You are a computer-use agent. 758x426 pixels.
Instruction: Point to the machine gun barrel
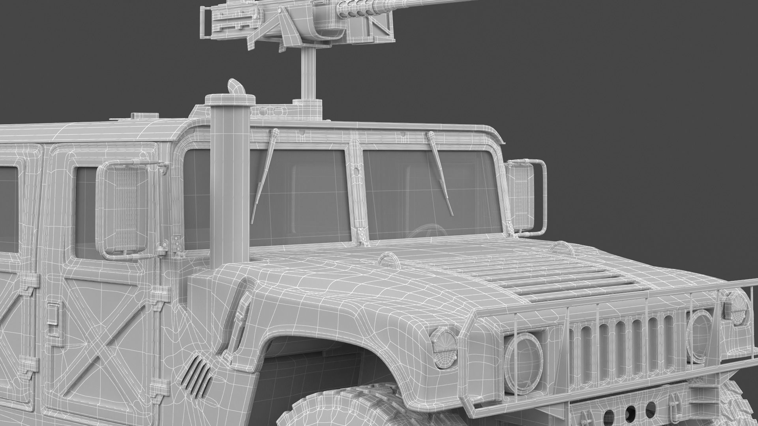(x=434, y=5)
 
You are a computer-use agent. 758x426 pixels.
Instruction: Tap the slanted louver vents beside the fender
(x=195, y=375)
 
